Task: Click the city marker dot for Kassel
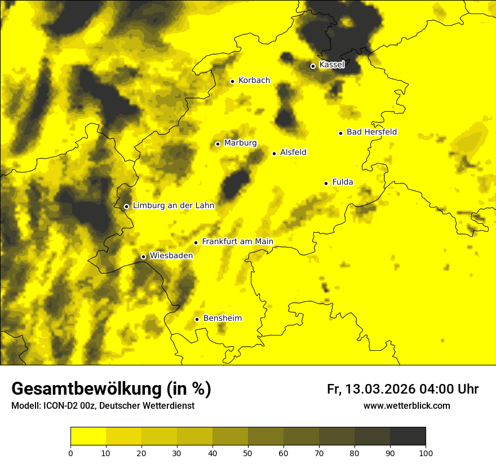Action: (x=313, y=66)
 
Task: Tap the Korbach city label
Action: (x=254, y=81)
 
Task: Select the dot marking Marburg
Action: (x=218, y=144)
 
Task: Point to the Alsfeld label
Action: (x=293, y=152)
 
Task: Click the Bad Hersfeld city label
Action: (x=371, y=132)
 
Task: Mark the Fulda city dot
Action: (x=326, y=183)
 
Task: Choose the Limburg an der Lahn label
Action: (x=173, y=206)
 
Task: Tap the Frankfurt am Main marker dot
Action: (x=196, y=242)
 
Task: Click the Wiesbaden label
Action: (x=171, y=255)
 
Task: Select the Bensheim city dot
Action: (x=197, y=319)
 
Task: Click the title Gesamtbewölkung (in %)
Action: (x=111, y=389)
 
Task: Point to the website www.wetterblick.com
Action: (x=406, y=405)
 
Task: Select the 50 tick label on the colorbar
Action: (x=248, y=453)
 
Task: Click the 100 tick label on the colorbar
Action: (x=426, y=453)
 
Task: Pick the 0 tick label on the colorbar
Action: (x=70, y=453)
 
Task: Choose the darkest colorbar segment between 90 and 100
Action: (x=408, y=436)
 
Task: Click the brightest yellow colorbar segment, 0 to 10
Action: (x=88, y=436)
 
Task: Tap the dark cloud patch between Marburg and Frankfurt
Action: (x=234, y=184)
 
